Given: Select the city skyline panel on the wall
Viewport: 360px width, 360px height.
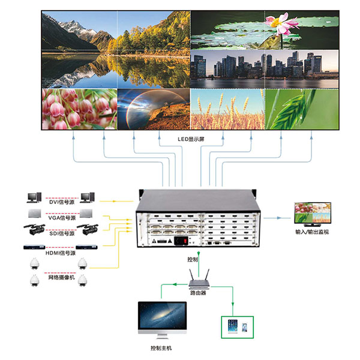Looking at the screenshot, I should click(x=265, y=68).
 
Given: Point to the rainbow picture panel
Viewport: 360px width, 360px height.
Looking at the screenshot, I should click(x=153, y=109).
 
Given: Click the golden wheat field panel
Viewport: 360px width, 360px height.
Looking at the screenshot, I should click(x=227, y=109).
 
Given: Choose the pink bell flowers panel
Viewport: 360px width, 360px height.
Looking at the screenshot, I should click(x=79, y=109).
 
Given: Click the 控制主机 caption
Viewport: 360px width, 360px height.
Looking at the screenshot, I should click(x=161, y=349).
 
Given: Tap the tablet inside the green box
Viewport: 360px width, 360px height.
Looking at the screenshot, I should click(x=233, y=326).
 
